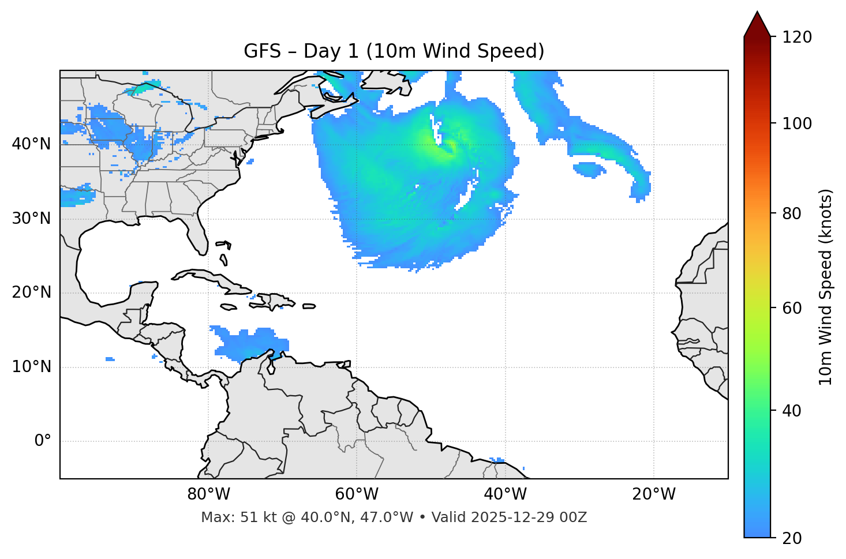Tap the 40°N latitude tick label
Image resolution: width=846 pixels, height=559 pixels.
[31, 144]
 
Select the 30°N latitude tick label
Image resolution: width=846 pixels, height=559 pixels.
[31, 219]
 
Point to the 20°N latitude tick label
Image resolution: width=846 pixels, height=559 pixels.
[31, 292]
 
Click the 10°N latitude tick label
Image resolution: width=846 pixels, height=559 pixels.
[31, 367]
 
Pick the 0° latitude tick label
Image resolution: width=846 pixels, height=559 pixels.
[42, 441]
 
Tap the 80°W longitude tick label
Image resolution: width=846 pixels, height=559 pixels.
[208, 494]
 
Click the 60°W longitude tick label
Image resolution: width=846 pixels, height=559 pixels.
[357, 494]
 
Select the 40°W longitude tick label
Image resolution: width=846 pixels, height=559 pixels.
[505, 494]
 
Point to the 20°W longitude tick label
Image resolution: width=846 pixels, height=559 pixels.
[654, 494]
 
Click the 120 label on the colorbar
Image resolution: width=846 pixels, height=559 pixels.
[797, 37]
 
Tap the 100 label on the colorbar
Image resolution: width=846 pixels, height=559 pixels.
[797, 123]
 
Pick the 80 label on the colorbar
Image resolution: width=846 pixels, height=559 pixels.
[792, 213]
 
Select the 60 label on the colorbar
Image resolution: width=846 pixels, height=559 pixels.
[792, 308]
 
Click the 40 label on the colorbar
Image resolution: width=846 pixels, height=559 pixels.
[792, 411]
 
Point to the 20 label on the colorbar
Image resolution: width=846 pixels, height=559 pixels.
[792, 538]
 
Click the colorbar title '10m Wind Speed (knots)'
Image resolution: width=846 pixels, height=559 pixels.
[826, 287]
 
